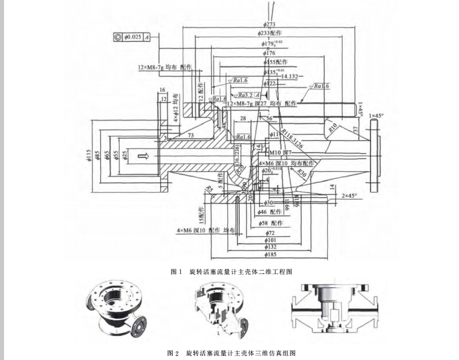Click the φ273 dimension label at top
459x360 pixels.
(x=270, y=24)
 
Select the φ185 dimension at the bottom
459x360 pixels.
(x=270, y=254)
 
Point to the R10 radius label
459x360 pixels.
(x=331, y=127)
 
